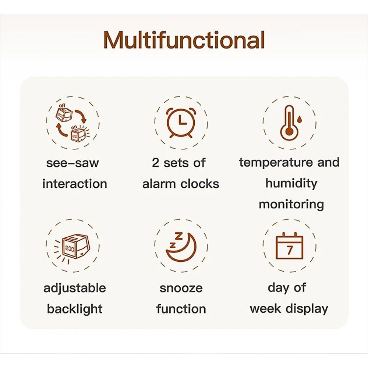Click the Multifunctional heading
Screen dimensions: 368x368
click(184, 40)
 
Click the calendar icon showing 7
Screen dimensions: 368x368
click(289, 246)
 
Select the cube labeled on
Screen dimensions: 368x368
click(77, 134)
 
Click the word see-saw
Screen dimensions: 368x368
click(72, 163)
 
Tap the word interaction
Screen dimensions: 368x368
click(75, 184)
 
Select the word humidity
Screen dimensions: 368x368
click(291, 183)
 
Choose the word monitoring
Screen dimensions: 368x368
click(291, 204)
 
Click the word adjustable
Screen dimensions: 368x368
click(75, 288)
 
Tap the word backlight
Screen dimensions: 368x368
click(75, 309)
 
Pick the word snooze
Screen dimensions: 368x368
click(181, 288)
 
